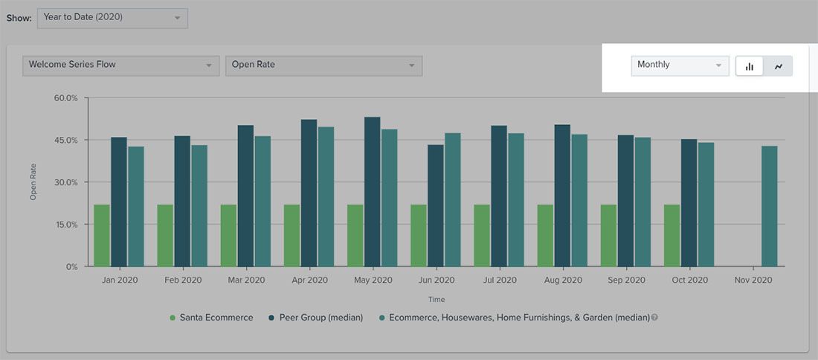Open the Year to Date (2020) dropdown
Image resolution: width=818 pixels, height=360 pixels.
pyautogui.click(x=112, y=18)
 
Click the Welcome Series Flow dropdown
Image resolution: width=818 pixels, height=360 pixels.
pyautogui.click(x=120, y=65)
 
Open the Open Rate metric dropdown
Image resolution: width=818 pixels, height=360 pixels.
pyautogui.click(x=323, y=65)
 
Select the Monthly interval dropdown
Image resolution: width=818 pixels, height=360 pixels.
pyautogui.click(x=680, y=65)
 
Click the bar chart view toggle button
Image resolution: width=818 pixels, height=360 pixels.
pyautogui.click(x=750, y=66)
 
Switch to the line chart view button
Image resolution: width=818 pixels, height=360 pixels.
pyautogui.click(x=779, y=66)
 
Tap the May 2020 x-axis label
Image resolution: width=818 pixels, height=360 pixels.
pyautogui.click(x=373, y=280)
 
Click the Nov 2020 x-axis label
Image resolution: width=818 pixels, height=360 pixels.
pyautogui.click(x=753, y=280)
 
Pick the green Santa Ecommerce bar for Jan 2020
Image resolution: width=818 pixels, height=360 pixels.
pyautogui.click(x=102, y=235)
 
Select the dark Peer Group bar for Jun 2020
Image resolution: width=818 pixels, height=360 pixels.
pyautogui.click(x=435, y=205)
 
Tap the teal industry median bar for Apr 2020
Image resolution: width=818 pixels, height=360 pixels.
pyautogui.click(x=326, y=196)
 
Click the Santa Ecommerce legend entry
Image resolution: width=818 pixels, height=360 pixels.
pyautogui.click(x=211, y=318)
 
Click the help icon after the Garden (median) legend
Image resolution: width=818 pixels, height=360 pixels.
pyautogui.click(x=654, y=318)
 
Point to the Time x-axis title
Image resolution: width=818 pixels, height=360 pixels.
pyautogui.click(x=437, y=300)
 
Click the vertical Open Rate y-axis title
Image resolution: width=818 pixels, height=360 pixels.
pyautogui.click(x=33, y=182)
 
